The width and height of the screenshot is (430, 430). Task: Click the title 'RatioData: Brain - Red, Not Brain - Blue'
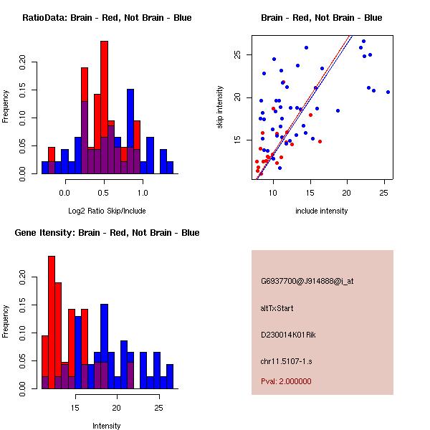(107, 18)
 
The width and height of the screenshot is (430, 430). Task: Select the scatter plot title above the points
(321, 18)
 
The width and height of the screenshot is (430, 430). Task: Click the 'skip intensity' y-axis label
(220, 107)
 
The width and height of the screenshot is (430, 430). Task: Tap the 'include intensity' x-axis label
(322, 211)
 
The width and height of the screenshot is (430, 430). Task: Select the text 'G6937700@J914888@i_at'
(307, 281)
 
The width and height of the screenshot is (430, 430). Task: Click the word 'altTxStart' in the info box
(277, 308)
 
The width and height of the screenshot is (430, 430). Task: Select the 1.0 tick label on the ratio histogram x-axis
(143, 192)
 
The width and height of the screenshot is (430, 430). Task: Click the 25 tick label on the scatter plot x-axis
(384, 192)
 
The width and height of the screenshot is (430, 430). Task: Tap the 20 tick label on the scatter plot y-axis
(244, 97)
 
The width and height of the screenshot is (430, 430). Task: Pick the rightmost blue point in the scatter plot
(388, 92)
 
